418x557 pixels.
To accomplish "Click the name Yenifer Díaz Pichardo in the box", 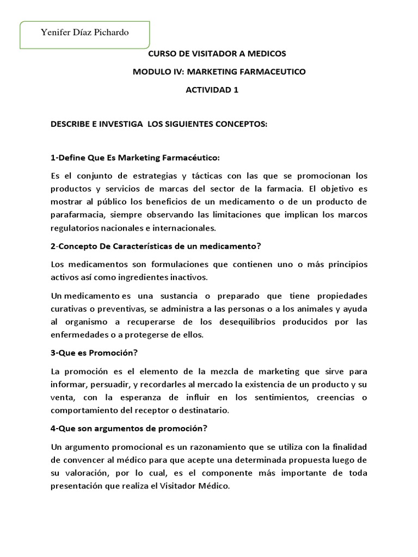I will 85,33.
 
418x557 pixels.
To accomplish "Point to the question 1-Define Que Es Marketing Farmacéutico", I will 135,158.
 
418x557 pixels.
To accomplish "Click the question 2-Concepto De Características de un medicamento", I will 156,246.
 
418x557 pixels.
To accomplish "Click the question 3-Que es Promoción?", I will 94,352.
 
